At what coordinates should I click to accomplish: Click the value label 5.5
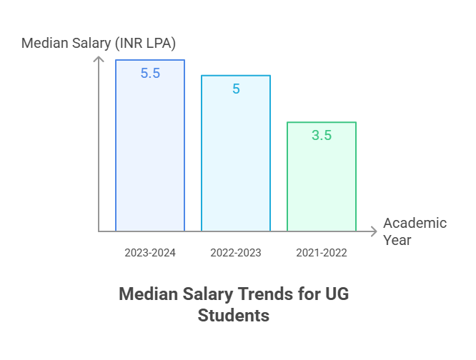pyautogui.click(x=150, y=73)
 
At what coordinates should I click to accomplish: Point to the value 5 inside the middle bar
pyautogui.click(x=236, y=89)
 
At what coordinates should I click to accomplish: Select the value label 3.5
pyautogui.click(x=322, y=135)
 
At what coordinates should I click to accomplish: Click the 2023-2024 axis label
pyautogui.click(x=150, y=252)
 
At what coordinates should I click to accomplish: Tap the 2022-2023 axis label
pyautogui.click(x=236, y=252)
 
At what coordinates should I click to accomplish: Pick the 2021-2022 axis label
pyautogui.click(x=322, y=252)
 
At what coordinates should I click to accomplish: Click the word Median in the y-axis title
pyautogui.click(x=44, y=43)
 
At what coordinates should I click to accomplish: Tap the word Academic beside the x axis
pyautogui.click(x=415, y=223)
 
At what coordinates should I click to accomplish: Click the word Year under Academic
pyautogui.click(x=397, y=240)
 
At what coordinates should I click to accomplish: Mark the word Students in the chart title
pyautogui.click(x=234, y=315)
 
